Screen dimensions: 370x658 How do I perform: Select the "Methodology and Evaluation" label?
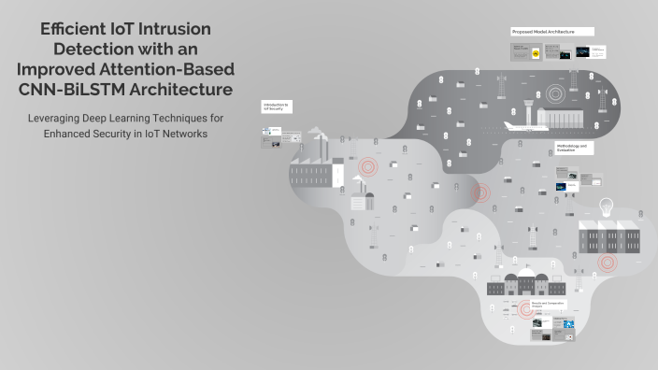coord(571,148)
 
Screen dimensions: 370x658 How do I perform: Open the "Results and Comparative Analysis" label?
coord(550,305)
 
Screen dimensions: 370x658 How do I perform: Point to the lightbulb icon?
coord(606,207)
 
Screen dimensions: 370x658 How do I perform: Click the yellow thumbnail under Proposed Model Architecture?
coord(536,54)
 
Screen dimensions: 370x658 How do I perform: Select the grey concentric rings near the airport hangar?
coord(558,94)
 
